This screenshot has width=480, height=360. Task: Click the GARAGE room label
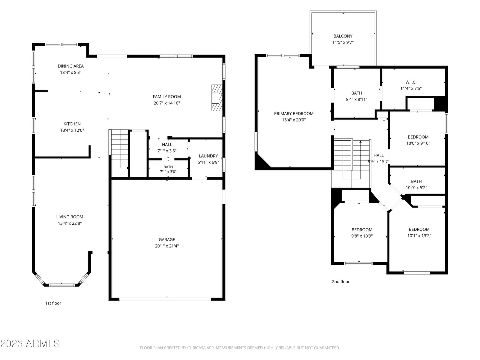pos(166,240)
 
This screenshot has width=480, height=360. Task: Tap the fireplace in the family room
pos(217,98)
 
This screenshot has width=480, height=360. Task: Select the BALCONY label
pos(343,36)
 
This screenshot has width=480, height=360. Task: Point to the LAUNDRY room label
pos(208,156)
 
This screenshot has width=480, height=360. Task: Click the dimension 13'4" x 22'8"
pos(70,223)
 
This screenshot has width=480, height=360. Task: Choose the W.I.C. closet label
pos(411,82)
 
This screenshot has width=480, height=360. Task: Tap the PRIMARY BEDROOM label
pos(293,113)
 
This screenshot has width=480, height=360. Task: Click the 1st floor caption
pos(53,303)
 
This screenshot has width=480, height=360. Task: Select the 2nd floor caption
pos(341,281)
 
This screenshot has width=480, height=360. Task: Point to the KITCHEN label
pos(72,124)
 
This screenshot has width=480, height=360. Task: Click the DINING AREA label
pos(70,66)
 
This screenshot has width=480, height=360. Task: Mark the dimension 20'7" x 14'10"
pos(166,103)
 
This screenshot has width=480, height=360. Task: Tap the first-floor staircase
pos(120,153)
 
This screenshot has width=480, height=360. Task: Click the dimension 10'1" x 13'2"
pos(419,235)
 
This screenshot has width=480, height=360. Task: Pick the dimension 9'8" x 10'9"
pos(362,236)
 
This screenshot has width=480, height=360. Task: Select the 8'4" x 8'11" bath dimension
pos(356,100)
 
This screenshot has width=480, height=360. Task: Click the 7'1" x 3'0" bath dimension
pos(168,172)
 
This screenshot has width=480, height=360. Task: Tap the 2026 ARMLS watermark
pos(30,343)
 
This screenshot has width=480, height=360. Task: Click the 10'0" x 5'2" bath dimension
pos(416,187)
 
